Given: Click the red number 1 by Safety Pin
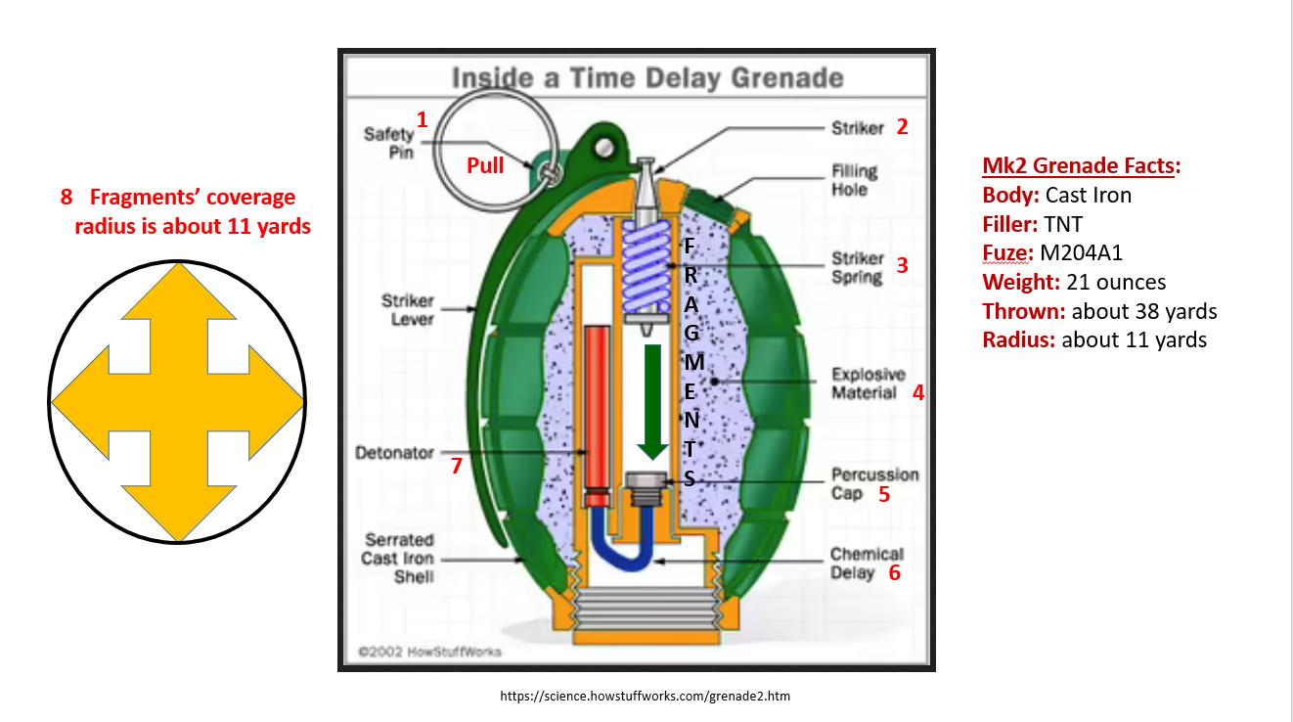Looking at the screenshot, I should point(423,120).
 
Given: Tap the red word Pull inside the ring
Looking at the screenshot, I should point(485,165).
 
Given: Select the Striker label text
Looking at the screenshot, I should point(858,127).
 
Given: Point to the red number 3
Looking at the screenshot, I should point(902,265).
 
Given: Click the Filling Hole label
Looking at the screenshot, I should point(854,180).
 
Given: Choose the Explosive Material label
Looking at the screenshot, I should point(868,384).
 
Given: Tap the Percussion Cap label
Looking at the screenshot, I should point(874,483).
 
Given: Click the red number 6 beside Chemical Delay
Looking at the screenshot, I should point(894,573).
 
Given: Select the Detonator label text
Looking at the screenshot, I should point(394,453).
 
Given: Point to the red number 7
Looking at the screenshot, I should point(456,467).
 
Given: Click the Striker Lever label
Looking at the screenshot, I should point(408,310).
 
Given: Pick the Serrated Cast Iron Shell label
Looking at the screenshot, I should point(399,558).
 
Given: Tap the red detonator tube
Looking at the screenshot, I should point(597,411).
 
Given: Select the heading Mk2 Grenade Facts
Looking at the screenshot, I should point(1081,166).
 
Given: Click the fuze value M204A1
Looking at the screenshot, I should point(1081,252).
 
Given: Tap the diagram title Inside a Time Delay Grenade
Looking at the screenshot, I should point(646,77).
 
